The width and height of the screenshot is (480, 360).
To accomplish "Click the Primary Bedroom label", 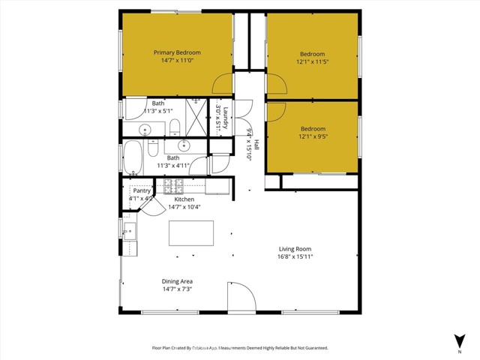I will [x=177, y=52].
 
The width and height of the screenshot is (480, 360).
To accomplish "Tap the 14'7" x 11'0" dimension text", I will [x=177, y=61].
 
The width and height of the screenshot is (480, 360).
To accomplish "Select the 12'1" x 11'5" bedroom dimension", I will [x=312, y=62].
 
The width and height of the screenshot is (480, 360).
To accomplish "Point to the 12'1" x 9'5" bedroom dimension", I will [x=312, y=136].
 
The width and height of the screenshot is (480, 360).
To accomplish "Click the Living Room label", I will [x=295, y=249].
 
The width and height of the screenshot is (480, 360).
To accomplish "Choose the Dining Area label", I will [x=177, y=281].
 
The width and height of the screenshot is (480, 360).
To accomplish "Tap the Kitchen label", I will [x=184, y=199].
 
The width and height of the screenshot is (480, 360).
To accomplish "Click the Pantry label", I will [x=142, y=190].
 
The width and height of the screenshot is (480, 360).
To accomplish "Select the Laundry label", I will [x=224, y=118].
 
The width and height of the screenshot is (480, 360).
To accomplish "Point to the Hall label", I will [x=256, y=144].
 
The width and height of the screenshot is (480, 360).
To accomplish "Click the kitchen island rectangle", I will [x=191, y=232].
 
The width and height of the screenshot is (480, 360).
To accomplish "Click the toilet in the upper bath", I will [x=173, y=124].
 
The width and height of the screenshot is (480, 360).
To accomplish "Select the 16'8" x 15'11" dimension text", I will [x=295, y=257].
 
